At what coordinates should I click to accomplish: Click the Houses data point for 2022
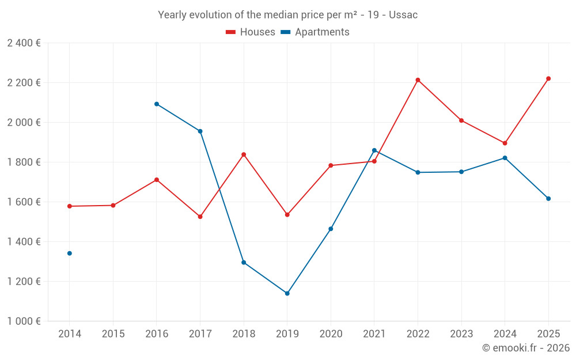pos(418,80)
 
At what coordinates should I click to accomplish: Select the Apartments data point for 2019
pos(287,293)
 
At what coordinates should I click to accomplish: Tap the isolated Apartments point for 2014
pos(70,253)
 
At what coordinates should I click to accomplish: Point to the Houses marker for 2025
pos(548,78)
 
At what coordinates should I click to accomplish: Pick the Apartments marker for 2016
pos(157,104)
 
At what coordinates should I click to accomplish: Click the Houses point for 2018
pos(244,154)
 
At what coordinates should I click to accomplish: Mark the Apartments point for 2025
pos(548,199)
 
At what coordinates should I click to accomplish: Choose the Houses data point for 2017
pos(200,217)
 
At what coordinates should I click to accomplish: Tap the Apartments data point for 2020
pos(331,229)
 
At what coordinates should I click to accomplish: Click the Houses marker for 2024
pos(505,143)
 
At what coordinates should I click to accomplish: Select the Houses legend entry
pos(251,32)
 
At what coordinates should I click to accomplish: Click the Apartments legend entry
pos(315,32)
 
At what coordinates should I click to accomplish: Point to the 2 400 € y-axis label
pos(24,43)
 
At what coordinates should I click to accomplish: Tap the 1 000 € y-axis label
pos(24,321)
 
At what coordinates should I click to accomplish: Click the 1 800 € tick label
pos(24,162)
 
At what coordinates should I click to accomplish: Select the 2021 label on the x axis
pos(374,334)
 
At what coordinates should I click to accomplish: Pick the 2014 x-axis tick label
pos(70,334)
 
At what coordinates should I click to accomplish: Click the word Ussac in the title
pos(403,15)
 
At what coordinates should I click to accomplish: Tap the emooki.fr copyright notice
pos(525,348)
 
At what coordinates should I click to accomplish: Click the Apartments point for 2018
pos(244,262)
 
